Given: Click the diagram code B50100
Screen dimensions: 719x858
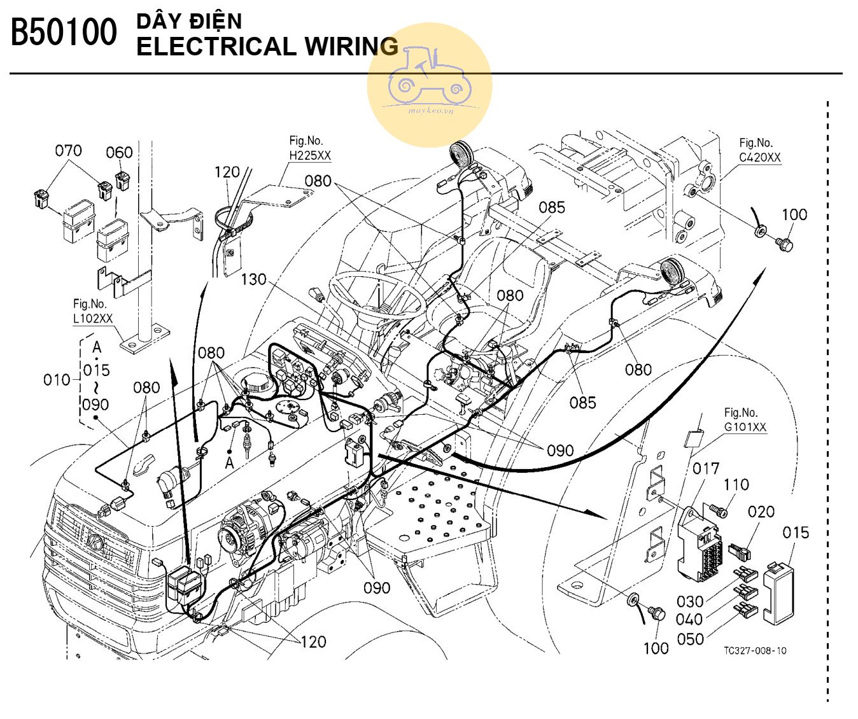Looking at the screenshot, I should (64, 33).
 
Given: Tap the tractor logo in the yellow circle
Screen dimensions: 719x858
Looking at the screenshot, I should (429, 76).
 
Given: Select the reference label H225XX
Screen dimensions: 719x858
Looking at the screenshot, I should (310, 155).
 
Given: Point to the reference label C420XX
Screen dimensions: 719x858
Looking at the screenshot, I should (759, 158).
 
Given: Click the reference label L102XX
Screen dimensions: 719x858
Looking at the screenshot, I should (93, 318).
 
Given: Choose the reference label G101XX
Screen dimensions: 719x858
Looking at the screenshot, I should (745, 427).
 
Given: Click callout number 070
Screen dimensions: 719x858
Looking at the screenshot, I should (68, 151).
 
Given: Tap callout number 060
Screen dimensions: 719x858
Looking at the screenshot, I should (119, 153).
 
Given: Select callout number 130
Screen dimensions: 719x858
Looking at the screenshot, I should (253, 279).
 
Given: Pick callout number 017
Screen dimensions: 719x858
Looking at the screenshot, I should (706, 469).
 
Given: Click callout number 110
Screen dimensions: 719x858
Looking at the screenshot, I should (736, 485).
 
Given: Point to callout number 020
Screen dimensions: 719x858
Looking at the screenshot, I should (761, 512).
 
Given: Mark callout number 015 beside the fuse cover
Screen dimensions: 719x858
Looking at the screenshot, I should (796, 533).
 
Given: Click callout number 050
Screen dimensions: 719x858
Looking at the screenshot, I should (691, 639).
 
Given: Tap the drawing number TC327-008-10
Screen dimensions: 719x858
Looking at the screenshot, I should (755, 651).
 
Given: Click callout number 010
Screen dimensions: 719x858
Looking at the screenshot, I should (57, 380).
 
